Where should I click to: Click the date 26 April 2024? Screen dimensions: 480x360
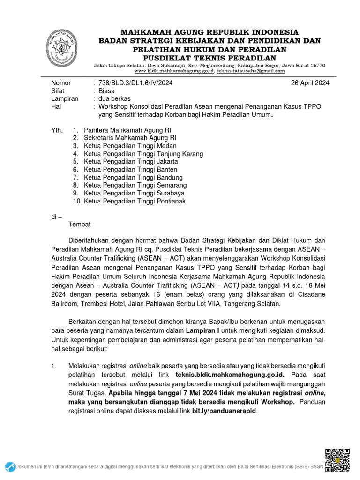[310, 83]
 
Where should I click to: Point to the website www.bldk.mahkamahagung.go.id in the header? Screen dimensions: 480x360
[174, 71]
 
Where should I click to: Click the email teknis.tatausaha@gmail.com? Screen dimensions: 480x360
[251, 71]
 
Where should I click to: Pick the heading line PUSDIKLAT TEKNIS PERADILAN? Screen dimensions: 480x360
[210, 58]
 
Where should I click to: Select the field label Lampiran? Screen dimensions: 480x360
[65, 99]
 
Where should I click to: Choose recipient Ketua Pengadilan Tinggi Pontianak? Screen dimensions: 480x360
[135, 201]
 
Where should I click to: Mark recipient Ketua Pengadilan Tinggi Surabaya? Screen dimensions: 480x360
[134, 193]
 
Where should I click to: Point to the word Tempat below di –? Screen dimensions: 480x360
[80, 225]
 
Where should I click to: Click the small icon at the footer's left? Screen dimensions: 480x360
[10, 466]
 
